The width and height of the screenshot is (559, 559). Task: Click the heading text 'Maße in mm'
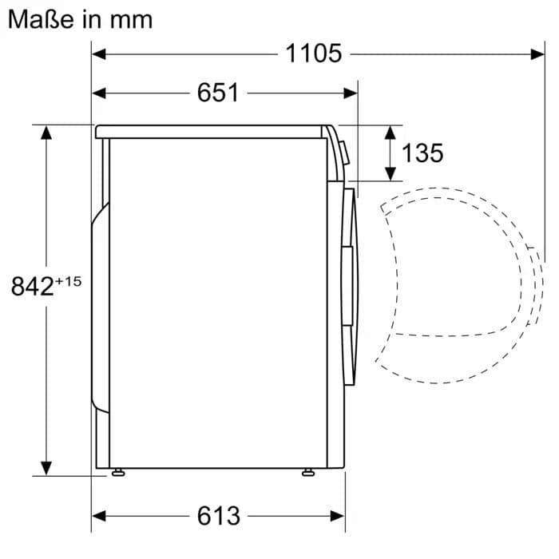coord(80,18)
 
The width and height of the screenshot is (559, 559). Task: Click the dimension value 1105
coord(314,54)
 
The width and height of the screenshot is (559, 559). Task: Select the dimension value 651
coord(218,93)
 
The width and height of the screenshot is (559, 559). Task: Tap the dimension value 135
coord(422,153)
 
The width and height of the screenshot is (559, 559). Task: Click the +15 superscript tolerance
coord(68,279)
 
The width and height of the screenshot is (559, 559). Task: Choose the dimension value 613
coord(218,516)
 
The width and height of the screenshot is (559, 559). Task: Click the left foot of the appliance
coord(119,473)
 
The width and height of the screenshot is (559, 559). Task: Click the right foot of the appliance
coord(308,473)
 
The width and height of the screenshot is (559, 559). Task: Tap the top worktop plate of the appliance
coord(212,132)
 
